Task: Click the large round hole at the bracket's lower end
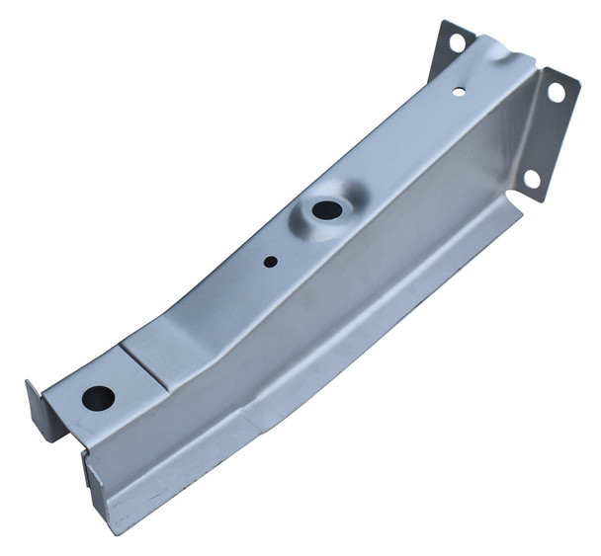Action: pos(98,398)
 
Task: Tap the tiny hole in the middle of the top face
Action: pos(270,263)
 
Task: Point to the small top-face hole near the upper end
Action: pos(459,91)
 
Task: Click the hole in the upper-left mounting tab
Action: pos(457,42)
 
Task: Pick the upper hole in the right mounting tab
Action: pos(556,93)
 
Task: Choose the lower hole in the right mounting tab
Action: pos(531,178)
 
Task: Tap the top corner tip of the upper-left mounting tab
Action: pos(441,22)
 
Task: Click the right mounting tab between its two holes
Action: pos(546,133)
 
